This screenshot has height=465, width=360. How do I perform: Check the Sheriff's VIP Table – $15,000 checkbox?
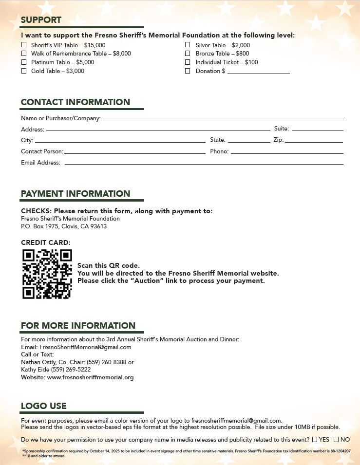24,45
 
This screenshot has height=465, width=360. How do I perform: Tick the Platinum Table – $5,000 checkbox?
24,62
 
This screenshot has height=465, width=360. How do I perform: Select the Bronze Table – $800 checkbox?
188,54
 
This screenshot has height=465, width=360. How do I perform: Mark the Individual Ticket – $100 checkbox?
188,62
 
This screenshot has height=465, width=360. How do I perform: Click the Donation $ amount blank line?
258,72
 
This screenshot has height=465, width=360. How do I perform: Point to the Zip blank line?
314,141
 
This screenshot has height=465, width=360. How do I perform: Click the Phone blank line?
287,152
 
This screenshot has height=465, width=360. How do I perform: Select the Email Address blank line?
204,164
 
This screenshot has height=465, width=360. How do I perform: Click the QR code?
47,274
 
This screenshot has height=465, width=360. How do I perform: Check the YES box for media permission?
315,440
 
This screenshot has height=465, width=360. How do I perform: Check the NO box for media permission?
336,440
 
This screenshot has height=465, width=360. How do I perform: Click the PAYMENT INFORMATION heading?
76,194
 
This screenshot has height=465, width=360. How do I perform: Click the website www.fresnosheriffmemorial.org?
90,377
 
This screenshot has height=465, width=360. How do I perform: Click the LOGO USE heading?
44,406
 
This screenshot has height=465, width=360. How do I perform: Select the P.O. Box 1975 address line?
64,226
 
